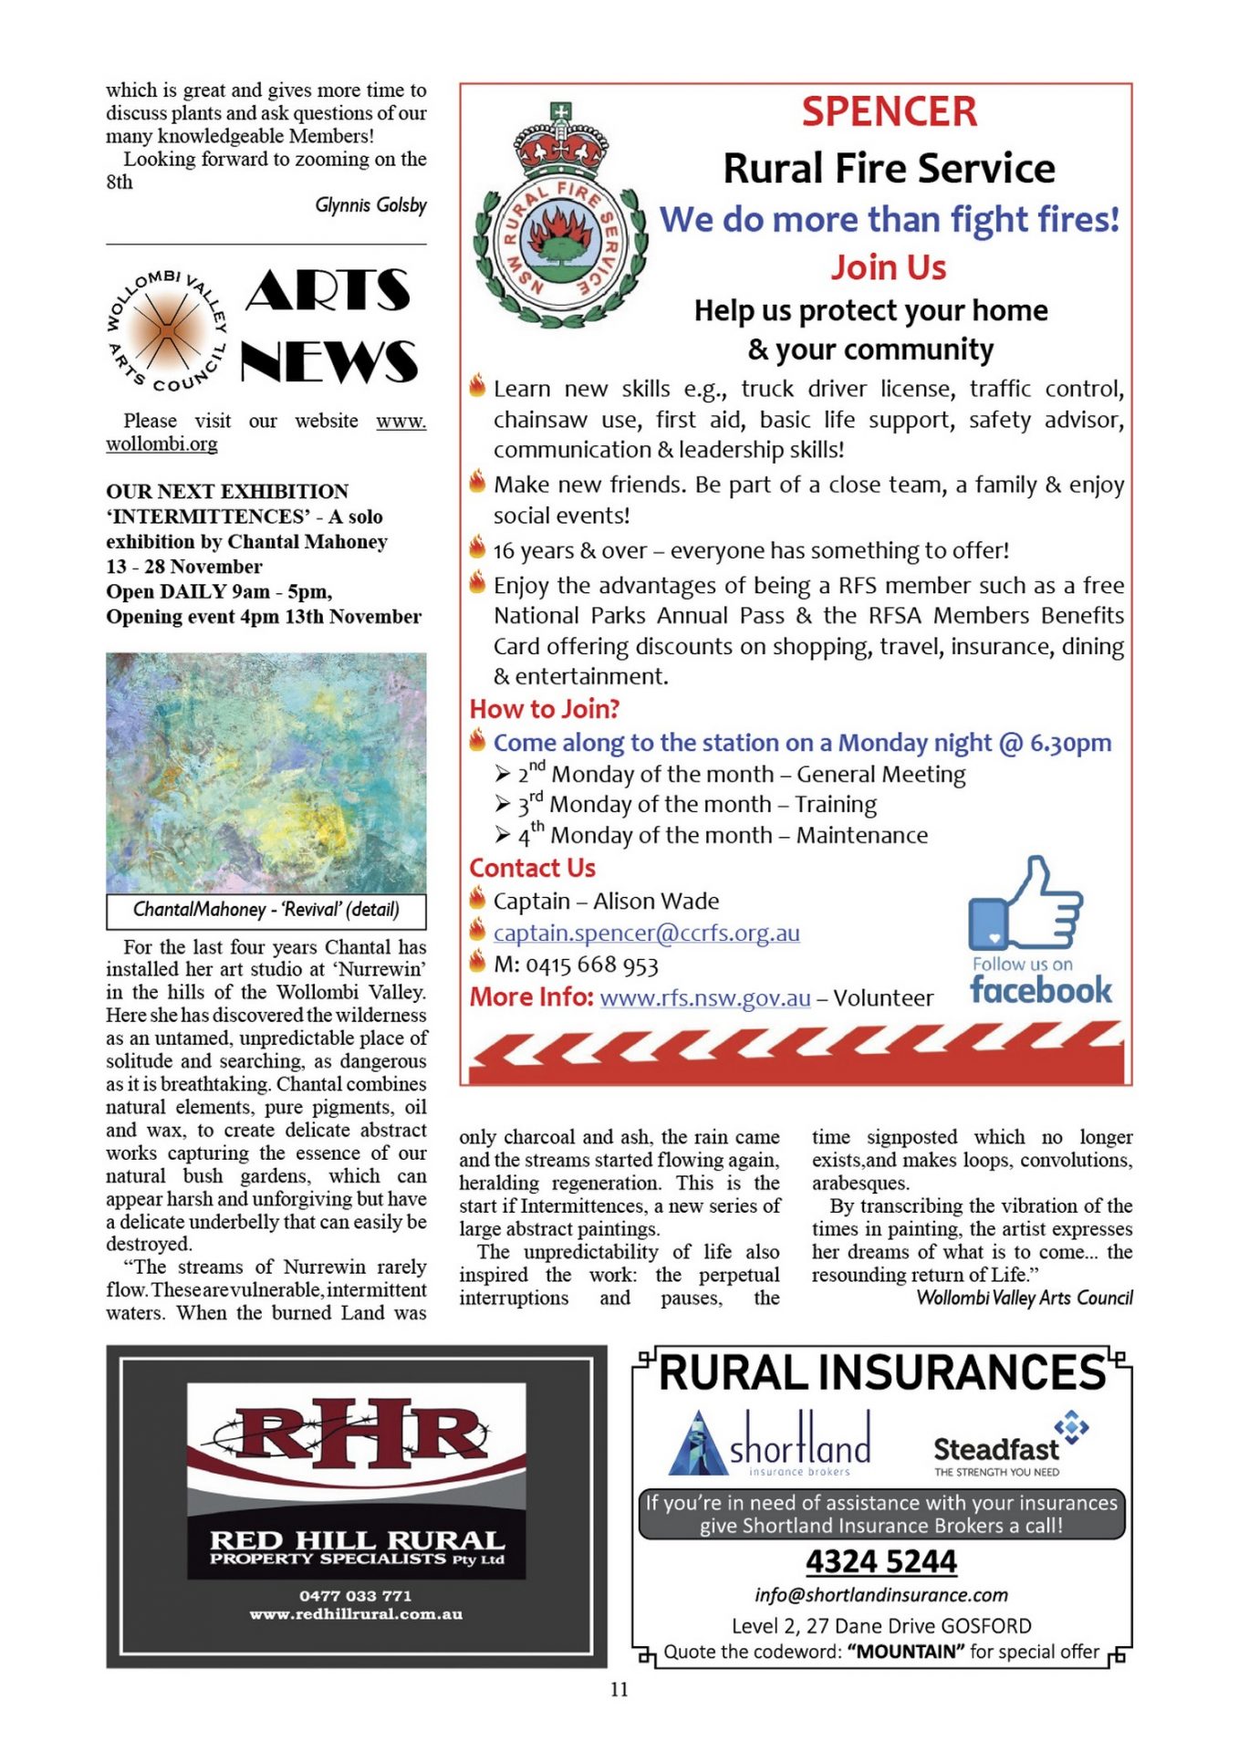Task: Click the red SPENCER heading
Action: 889,112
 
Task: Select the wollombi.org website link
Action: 161,444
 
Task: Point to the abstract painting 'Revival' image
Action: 265,772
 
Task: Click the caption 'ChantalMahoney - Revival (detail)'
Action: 265,910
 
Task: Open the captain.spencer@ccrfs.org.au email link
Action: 646,933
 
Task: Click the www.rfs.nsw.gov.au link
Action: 705,998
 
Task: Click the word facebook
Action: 1041,991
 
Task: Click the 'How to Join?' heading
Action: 545,709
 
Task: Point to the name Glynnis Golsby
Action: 370,205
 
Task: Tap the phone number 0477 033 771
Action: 356,1596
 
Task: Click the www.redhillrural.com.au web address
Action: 356,1614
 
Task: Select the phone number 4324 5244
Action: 881,1562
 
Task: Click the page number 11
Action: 619,1690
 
